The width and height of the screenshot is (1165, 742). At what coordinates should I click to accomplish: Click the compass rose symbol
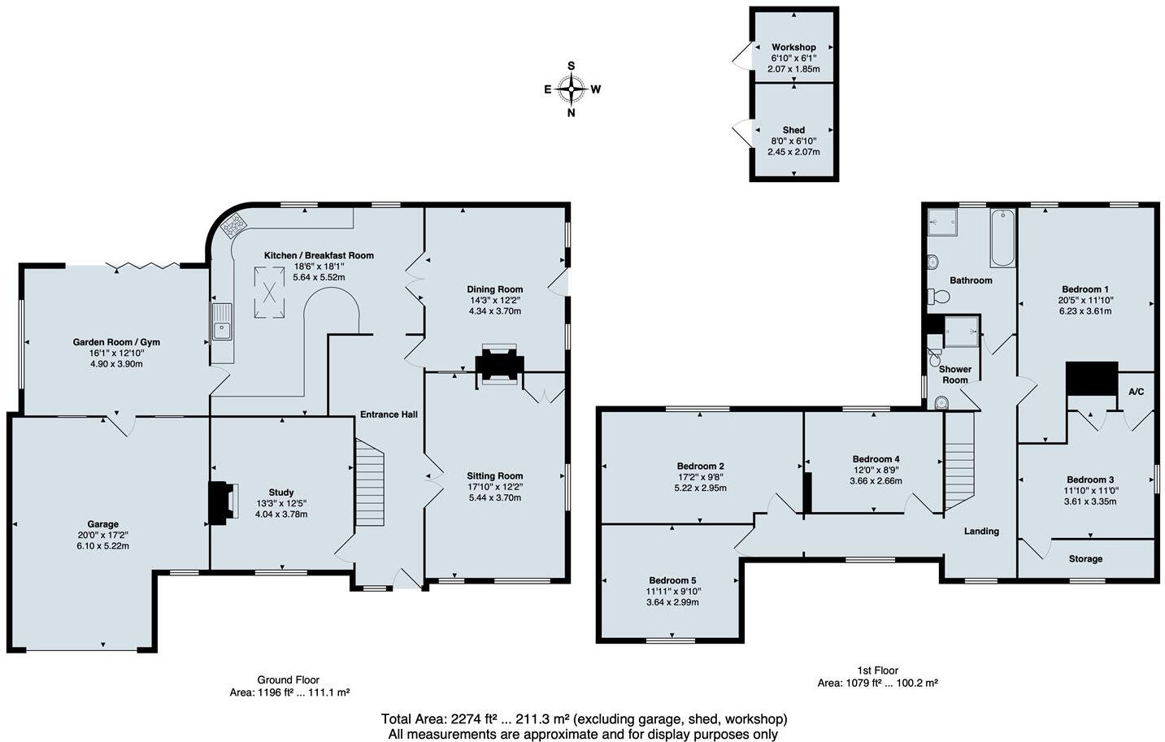coord(572,89)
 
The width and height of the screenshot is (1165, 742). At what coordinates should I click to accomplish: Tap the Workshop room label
coord(793,47)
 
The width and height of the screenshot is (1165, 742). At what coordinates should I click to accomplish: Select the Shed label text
coord(793,130)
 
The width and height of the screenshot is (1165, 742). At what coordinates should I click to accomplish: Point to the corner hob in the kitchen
coord(233,223)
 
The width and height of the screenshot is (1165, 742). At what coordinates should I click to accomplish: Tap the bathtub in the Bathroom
coord(1002,237)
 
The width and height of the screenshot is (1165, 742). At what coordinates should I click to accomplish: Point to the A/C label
coord(1136,393)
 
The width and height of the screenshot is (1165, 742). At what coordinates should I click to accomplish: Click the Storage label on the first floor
coord(1085,559)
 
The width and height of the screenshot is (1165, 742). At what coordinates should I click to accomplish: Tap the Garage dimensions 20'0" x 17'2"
coord(103,535)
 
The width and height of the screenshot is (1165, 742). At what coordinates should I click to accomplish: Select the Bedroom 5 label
coord(672,580)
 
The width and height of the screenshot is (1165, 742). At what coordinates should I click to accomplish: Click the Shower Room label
coord(955,375)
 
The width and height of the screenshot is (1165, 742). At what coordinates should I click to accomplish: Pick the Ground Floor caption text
coord(289,680)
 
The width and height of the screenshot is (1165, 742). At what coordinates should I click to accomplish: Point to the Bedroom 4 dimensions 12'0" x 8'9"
coord(876,470)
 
